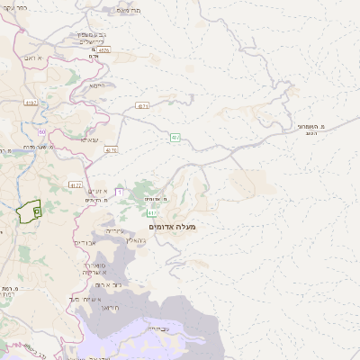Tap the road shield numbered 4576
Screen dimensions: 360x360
point(104,51)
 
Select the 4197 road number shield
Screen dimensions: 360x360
point(31,103)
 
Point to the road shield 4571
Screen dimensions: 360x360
point(142,105)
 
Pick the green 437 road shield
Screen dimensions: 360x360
point(176,137)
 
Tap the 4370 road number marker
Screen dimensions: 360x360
point(111,149)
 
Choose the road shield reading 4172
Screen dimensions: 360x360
point(76,184)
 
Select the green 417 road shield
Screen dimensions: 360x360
point(153,213)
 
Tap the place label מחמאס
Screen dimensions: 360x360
point(129,11)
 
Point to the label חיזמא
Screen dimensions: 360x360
point(97,85)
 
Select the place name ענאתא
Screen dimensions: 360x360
point(90,139)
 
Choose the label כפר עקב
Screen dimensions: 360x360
point(14,8)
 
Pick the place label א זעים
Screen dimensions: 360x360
point(98,192)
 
